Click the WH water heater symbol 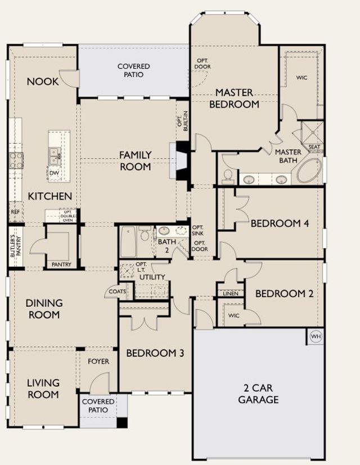(316, 337)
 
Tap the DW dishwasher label (54, 173)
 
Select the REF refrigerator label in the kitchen (15, 212)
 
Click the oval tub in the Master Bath (309, 171)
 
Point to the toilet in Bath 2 (145, 234)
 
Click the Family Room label (136, 160)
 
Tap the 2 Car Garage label (258, 394)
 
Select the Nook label (43, 82)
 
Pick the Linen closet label (231, 293)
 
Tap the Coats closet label (118, 292)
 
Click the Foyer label (98, 361)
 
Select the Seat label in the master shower (314, 147)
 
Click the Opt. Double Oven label (68, 216)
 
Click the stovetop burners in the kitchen (16, 160)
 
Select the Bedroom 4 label (280, 223)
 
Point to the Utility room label (152, 277)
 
